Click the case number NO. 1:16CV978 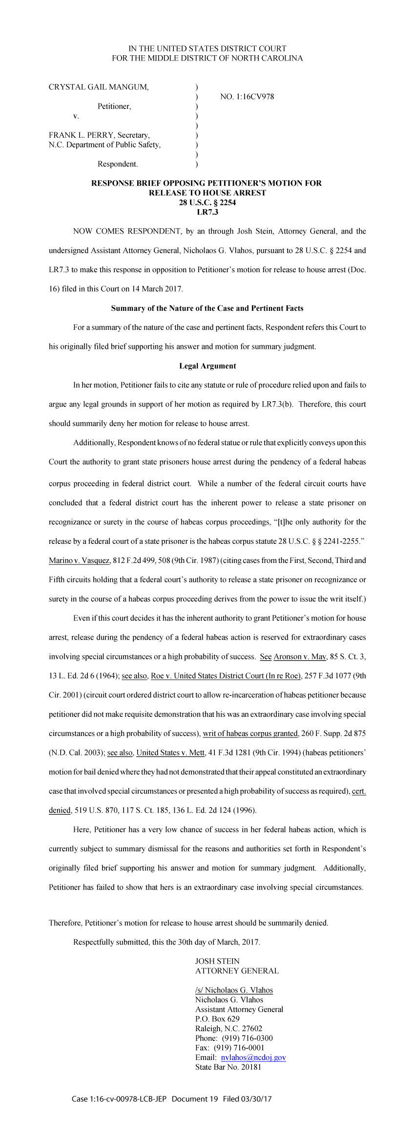point(247,97)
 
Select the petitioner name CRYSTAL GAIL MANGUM point(99,87)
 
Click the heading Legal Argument point(207,366)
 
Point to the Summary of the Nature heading point(207,308)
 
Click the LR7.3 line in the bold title point(207,212)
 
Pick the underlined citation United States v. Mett point(170,753)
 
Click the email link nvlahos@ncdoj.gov point(253,1058)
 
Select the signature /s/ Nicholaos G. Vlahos point(234,990)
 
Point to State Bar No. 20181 point(228,1067)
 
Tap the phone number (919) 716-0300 point(247,1038)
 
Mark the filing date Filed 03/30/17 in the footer point(247,1099)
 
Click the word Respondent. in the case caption point(118,164)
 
